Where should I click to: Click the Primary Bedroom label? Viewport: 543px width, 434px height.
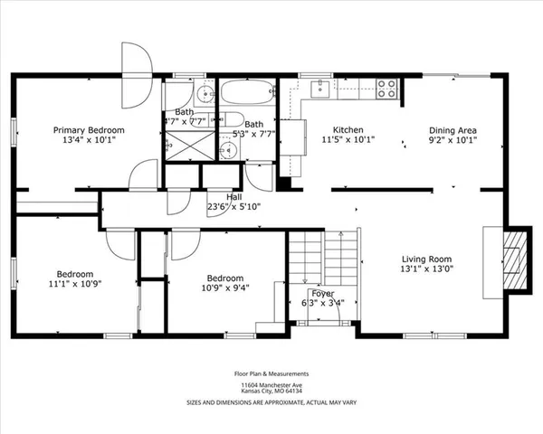[88, 130]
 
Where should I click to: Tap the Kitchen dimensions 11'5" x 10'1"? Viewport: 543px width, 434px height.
[348, 141]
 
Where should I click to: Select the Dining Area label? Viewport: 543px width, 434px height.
[452, 130]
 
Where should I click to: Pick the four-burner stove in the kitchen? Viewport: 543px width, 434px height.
[387, 89]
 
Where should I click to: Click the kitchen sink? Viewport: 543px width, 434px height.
[320, 88]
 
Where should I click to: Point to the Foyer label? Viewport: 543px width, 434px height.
[322, 293]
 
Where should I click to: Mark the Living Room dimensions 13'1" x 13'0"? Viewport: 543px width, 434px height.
[428, 268]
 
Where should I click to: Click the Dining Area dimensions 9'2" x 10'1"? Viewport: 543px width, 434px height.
[452, 141]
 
